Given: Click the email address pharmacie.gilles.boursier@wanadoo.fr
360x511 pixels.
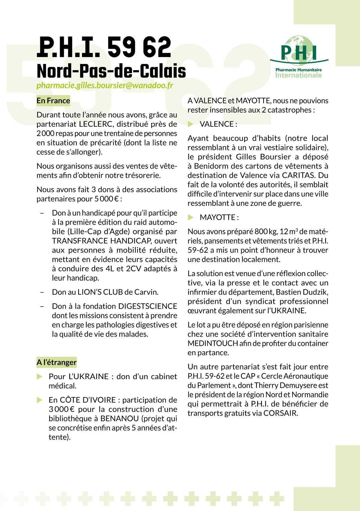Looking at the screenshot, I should pos(105,86).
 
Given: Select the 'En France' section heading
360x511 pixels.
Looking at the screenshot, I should pos(53,101).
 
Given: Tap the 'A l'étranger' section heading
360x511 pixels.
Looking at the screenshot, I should pos(56,362).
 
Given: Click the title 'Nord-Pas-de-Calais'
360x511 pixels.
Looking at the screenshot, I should pos(111,71).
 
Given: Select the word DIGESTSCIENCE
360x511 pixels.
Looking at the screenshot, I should pos(148,306).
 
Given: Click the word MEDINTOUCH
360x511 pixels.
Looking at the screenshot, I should pos(213,343).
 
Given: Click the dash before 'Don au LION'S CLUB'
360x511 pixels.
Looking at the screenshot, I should pos(42,292).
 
